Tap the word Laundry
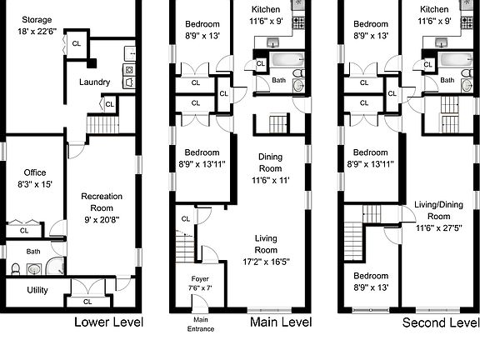[94, 82]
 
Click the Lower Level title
[109, 322]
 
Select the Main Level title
[280, 322]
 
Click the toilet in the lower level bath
[17, 269]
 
